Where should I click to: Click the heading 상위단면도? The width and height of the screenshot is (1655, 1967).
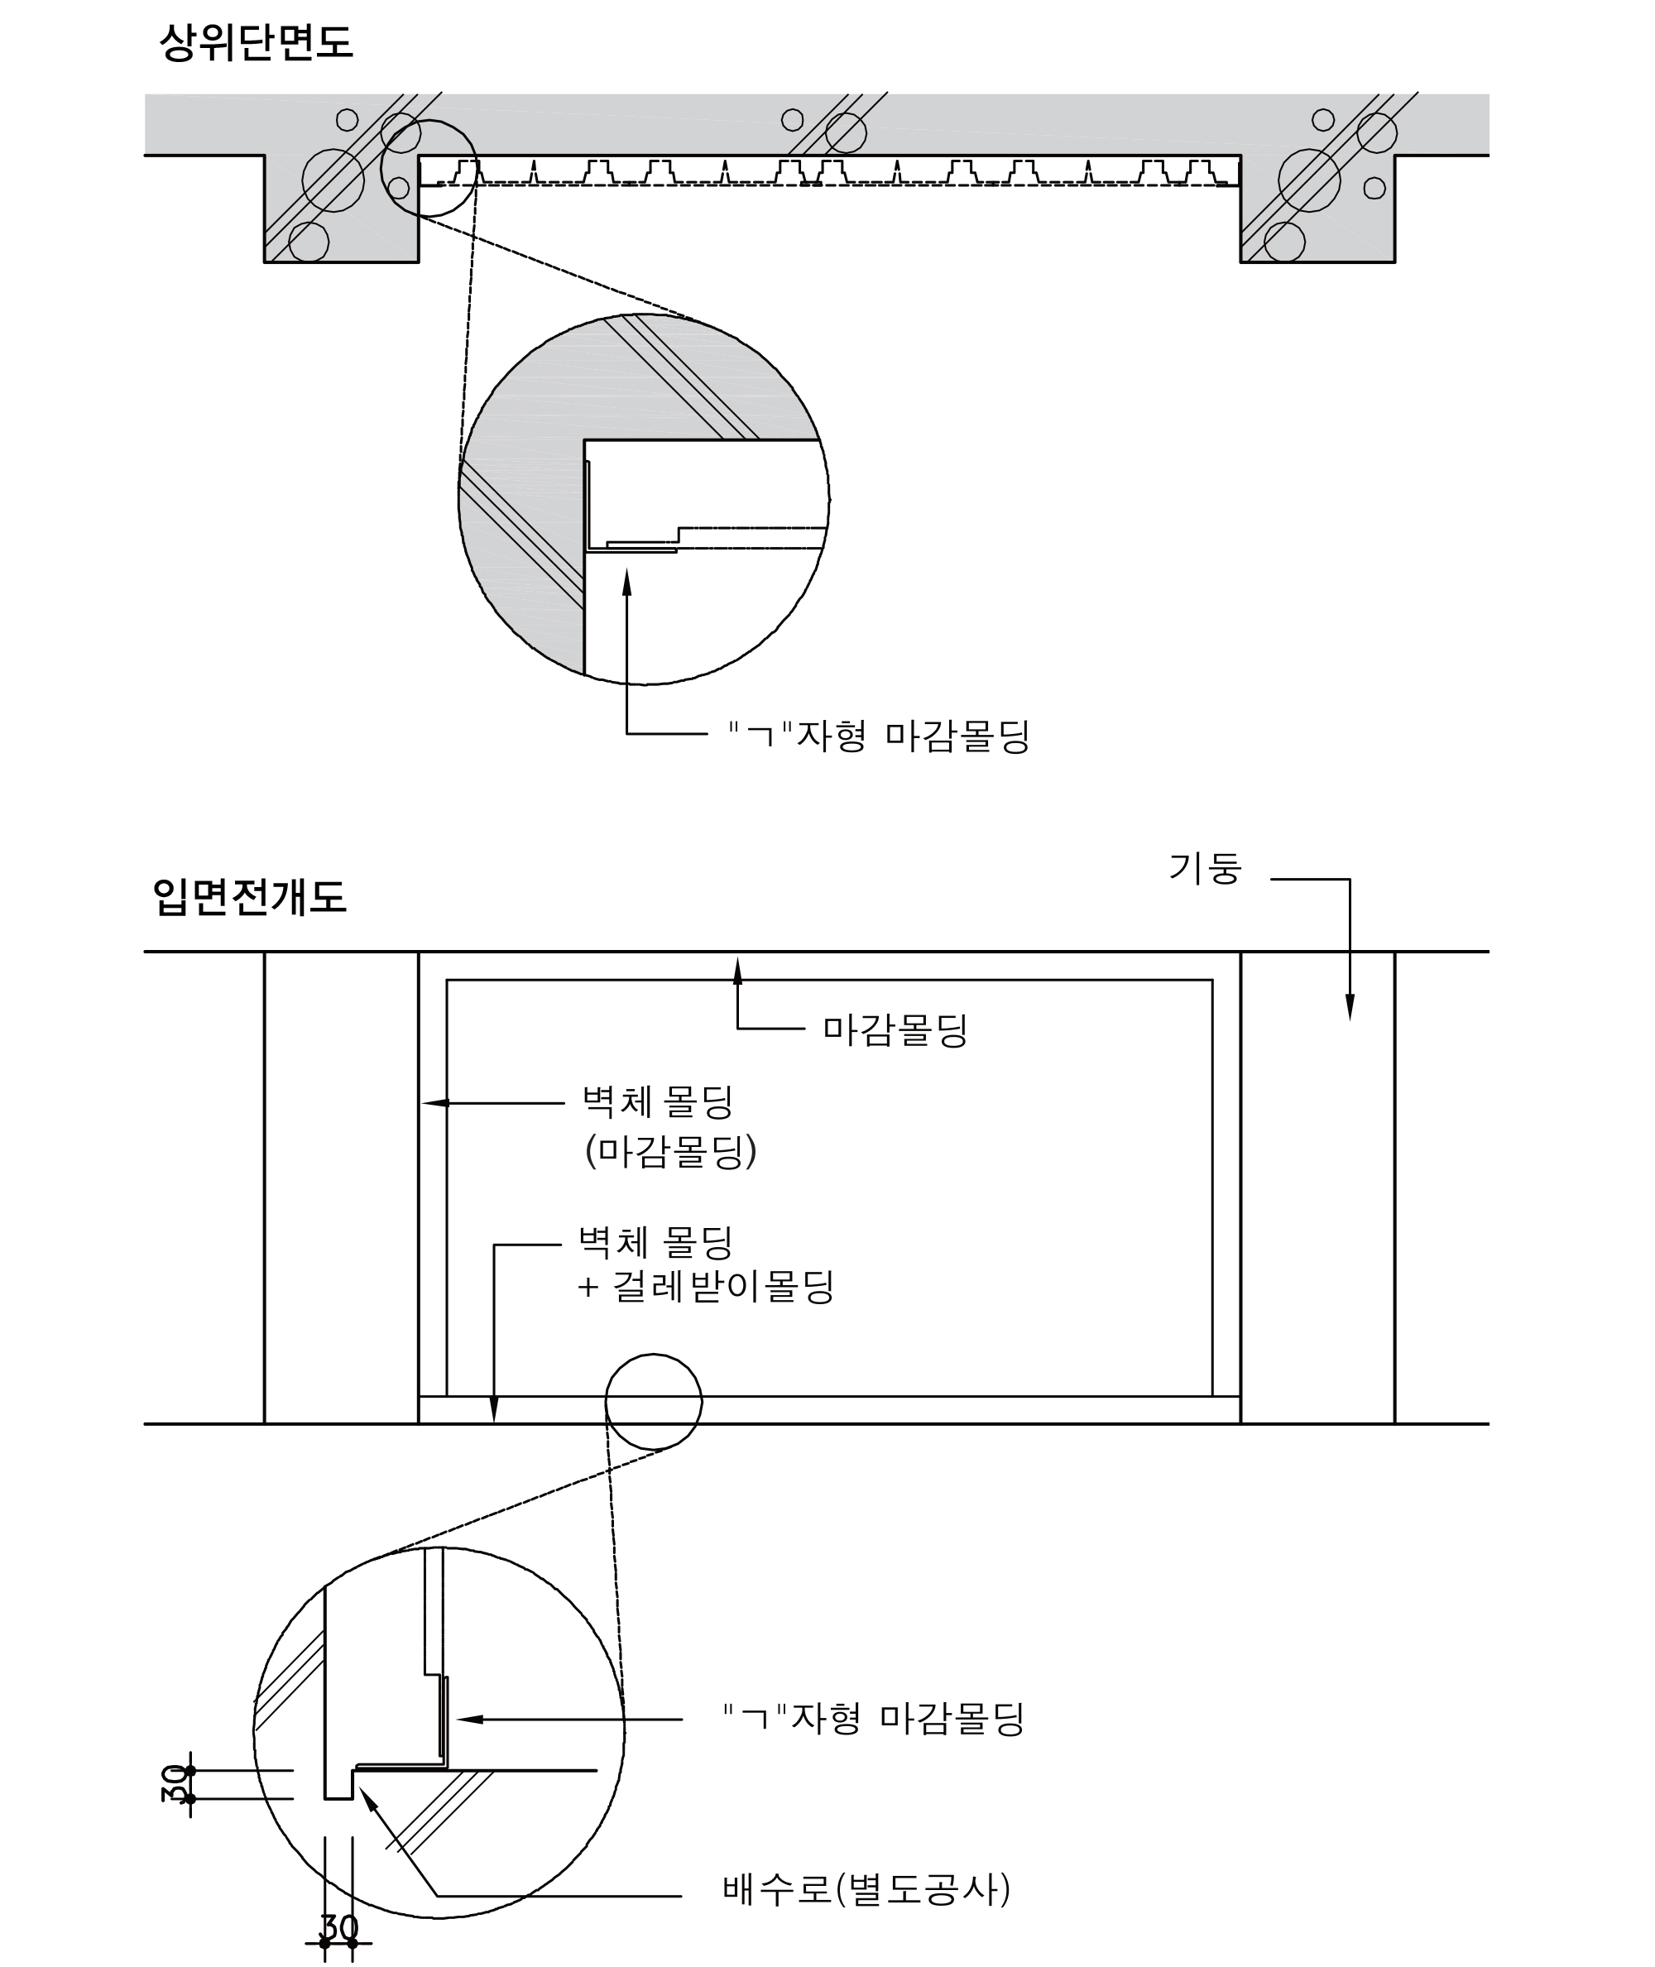pyautogui.click(x=255, y=43)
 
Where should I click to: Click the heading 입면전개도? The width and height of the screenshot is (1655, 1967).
pyautogui.click(x=250, y=897)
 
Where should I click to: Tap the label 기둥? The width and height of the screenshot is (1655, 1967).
pyautogui.click(x=1206, y=869)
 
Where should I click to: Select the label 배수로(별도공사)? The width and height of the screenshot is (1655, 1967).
pyautogui.click(x=866, y=1888)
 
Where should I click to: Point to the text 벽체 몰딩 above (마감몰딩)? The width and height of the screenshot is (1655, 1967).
pyautogui.click(x=658, y=1101)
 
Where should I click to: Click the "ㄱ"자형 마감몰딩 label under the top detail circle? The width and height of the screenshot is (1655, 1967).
pyautogui.click(x=880, y=736)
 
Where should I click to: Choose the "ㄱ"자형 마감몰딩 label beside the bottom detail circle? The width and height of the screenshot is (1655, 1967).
pyautogui.click(x=874, y=1720)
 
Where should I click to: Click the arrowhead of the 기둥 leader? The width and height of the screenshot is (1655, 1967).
pyautogui.click(x=1350, y=1006)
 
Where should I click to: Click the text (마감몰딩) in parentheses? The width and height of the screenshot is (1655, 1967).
pyautogui.click(x=671, y=1151)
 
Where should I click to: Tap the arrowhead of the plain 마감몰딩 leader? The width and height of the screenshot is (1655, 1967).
pyautogui.click(x=737, y=971)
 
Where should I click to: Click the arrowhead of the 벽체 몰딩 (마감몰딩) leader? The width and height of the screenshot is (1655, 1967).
pyautogui.click(x=435, y=1102)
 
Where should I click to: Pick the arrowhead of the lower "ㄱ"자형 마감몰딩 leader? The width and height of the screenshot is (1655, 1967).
pyautogui.click(x=469, y=1720)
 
